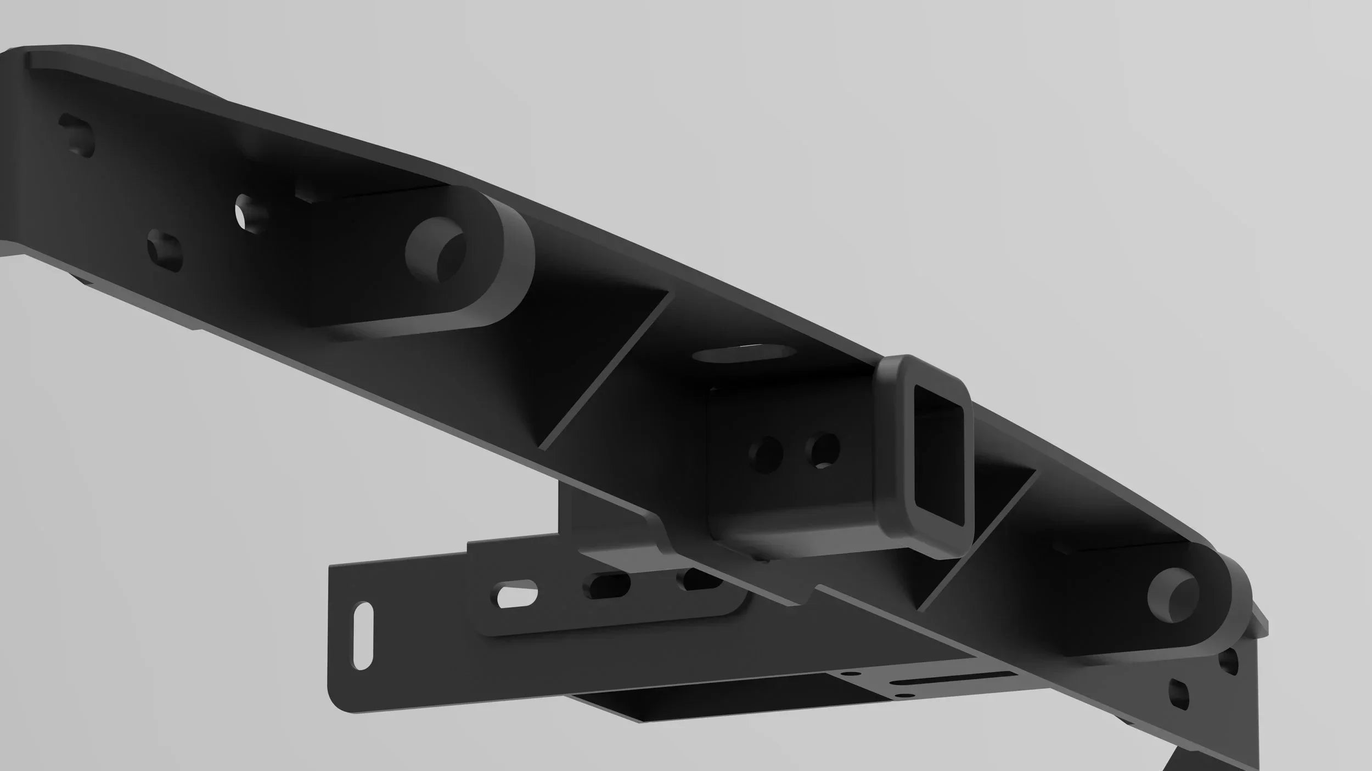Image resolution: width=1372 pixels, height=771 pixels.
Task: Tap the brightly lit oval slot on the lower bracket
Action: (x=517, y=594)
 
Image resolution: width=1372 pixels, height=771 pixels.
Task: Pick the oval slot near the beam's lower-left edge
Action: (x=165, y=250)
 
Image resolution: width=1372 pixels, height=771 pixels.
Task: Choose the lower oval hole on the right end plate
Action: (x=1178, y=694)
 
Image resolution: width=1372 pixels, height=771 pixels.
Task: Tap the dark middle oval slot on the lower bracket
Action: (x=609, y=585)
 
